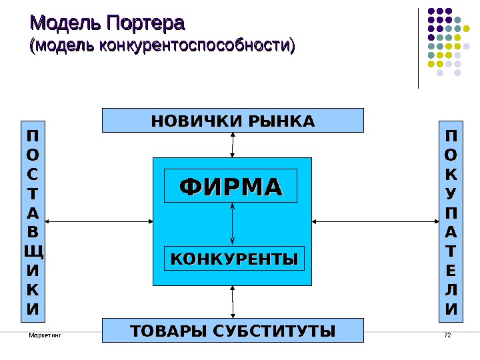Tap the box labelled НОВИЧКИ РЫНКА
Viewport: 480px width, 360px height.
point(233,121)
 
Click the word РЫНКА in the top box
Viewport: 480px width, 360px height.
point(281,121)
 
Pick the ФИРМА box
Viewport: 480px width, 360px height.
point(232,187)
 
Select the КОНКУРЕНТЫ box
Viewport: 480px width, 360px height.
point(233,258)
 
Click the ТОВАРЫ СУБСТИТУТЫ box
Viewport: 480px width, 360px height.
point(233,330)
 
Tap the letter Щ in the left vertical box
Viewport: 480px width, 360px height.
point(33,252)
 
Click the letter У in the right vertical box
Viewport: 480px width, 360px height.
point(451,194)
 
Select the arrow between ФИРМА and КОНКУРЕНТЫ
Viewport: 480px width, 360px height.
point(232,224)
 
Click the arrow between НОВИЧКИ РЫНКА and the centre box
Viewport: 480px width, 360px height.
point(233,145)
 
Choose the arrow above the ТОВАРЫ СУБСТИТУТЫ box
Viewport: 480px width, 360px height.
point(233,302)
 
